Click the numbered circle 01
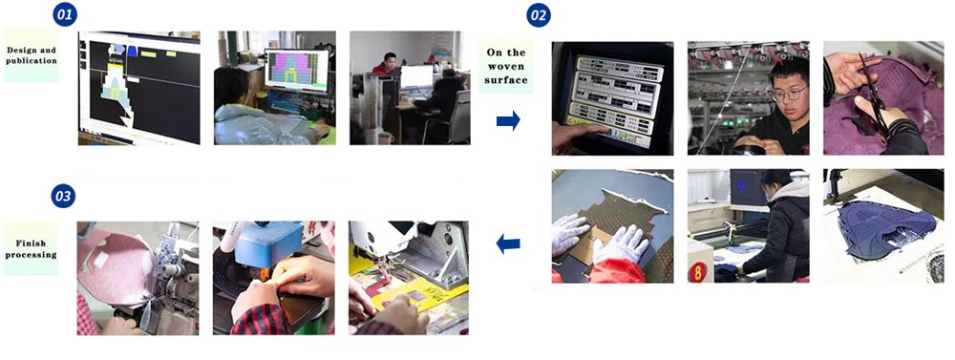point(65,14)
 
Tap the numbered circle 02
point(539,15)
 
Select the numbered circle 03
point(63,196)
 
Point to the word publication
point(32,60)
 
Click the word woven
point(506,67)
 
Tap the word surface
point(506,80)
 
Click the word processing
point(31,255)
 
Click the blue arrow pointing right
point(508,120)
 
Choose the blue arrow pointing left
point(508,244)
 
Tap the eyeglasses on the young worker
point(790,94)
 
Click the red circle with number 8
point(697,271)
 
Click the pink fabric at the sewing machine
point(116,265)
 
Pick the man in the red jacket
point(388,65)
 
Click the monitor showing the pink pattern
point(297,70)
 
